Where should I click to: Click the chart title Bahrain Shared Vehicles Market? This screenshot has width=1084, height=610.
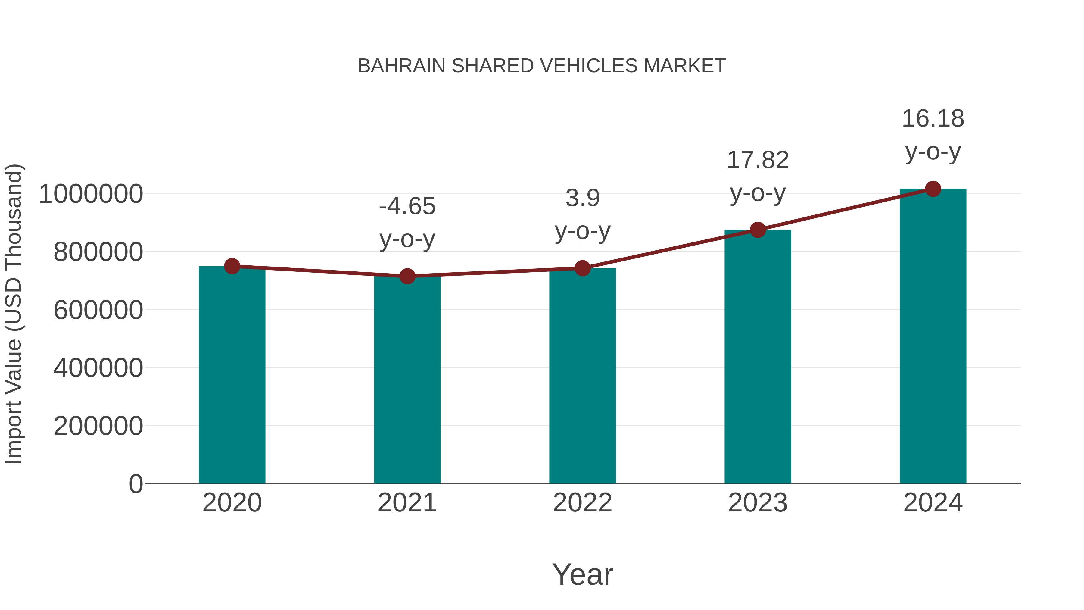542,66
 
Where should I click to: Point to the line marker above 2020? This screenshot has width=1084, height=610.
232,266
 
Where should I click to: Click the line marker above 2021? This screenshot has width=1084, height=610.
407,276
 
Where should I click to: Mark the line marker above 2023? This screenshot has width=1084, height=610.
758,230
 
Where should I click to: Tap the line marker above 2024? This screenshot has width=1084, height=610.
933,189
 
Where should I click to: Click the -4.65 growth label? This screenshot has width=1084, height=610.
407,207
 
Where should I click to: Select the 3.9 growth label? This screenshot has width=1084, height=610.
582,198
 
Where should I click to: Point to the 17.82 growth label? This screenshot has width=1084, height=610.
758,160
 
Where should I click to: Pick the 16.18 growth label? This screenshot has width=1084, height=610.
933,119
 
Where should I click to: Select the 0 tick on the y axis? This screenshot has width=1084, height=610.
135,484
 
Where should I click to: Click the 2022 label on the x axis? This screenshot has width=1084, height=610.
582,503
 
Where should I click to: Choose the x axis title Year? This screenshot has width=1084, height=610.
582,574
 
